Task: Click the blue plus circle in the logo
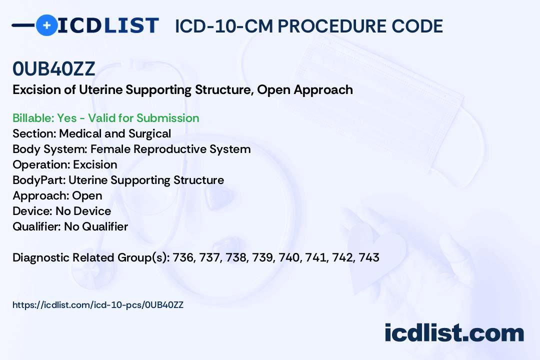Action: [46, 25]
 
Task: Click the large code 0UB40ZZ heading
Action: [53, 68]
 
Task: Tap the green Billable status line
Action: [105, 118]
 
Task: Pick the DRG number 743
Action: [369, 257]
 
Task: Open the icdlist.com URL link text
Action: [98, 305]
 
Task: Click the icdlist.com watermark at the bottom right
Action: [454, 333]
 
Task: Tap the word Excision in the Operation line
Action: [95, 164]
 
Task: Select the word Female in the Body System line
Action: [110, 149]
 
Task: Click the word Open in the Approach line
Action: [87, 196]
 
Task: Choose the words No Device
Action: [83, 211]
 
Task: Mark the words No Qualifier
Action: [96, 226]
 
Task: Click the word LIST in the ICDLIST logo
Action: [131, 25]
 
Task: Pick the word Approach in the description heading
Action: [323, 90]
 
